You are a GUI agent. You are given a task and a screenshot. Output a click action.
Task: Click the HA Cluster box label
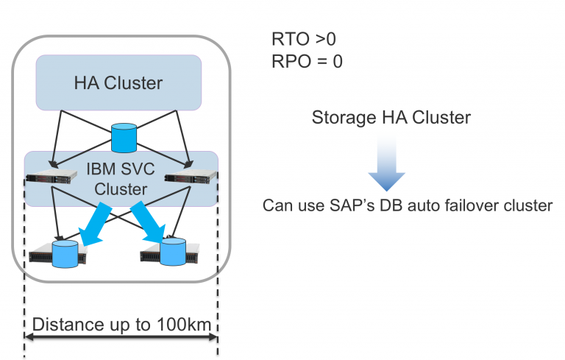(118, 82)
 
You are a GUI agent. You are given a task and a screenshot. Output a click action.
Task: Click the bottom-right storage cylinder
(173, 251)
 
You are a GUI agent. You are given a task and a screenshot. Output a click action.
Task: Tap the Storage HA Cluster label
(391, 118)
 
